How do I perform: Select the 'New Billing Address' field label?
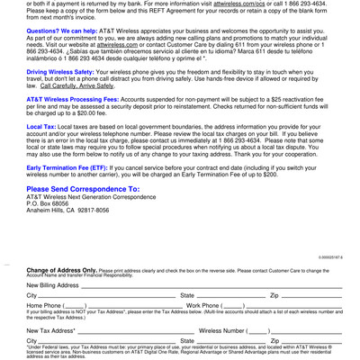pos(53,284)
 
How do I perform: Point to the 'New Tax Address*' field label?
pos(50,330)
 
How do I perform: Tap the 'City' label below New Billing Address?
pos(31,295)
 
